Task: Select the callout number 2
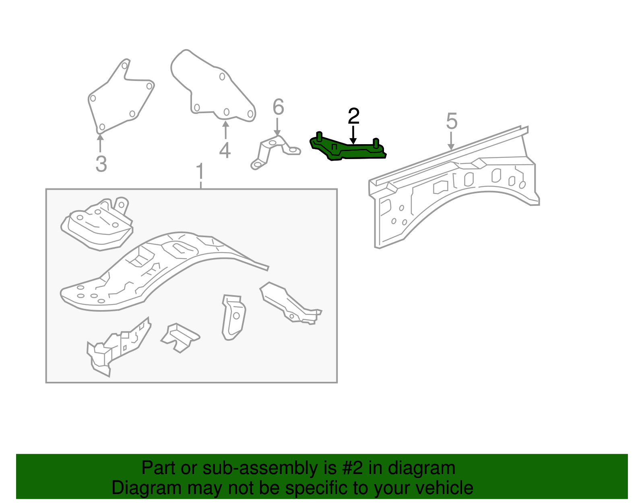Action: click(353, 116)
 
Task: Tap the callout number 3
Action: click(101, 164)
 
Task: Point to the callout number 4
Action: click(225, 150)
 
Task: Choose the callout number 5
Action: click(452, 121)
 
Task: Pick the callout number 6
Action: click(278, 107)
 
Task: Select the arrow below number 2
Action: click(353, 135)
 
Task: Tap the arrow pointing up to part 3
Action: click(100, 143)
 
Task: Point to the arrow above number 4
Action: click(226, 130)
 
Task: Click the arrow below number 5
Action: click(451, 141)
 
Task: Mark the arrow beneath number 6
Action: click(277, 127)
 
